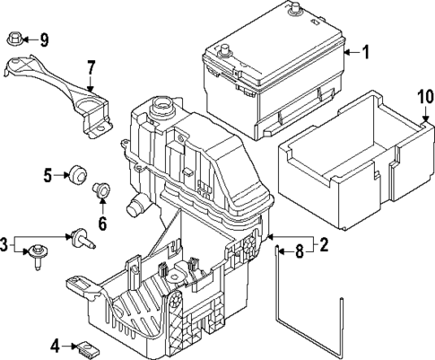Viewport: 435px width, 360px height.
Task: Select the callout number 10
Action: pyautogui.click(x=425, y=96)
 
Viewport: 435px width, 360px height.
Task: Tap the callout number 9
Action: pyautogui.click(x=43, y=39)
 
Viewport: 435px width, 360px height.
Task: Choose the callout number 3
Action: pyautogui.click(x=5, y=244)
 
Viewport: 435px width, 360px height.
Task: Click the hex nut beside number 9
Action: pyautogui.click(x=15, y=39)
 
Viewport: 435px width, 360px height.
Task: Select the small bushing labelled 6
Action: pyautogui.click(x=102, y=189)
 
